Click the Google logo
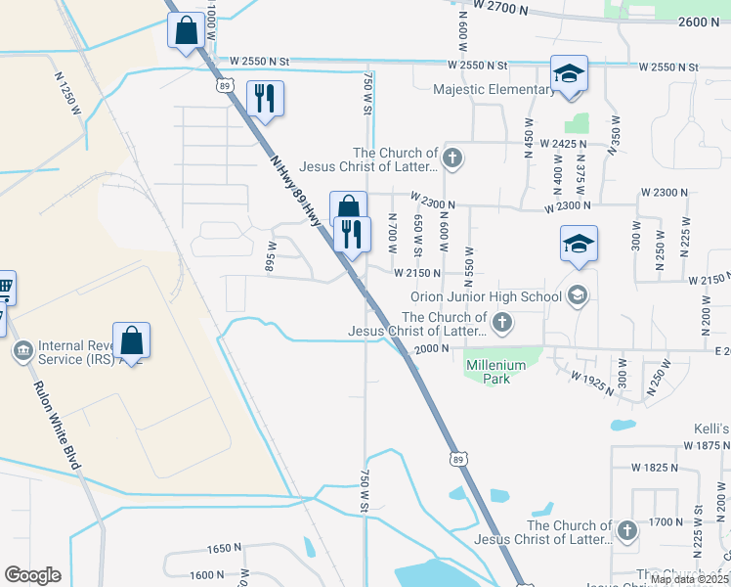coord(32,574)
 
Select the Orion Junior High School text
coord(486,296)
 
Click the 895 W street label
coord(271,256)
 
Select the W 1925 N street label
coord(591,380)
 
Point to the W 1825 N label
coord(652,468)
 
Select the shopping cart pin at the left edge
coord(5,288)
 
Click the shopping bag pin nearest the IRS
coord(131,340)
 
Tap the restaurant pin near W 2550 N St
coord(265,98)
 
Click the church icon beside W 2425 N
coord(451,157)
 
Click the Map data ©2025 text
coord(689,579)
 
